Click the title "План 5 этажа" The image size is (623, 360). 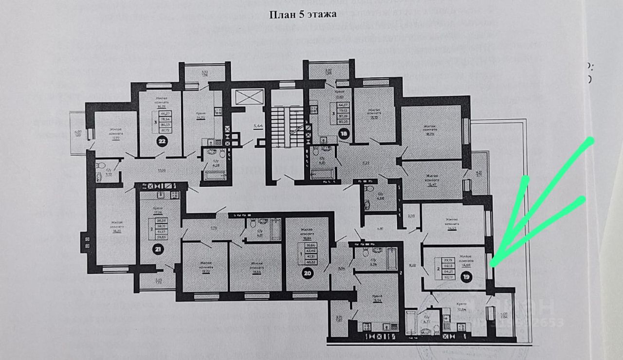(x=303, y=14)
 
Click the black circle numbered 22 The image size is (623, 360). (x=161, y=142)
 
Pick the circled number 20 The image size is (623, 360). (x=308, y=273)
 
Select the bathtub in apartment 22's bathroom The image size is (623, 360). (x=212, y=175)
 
